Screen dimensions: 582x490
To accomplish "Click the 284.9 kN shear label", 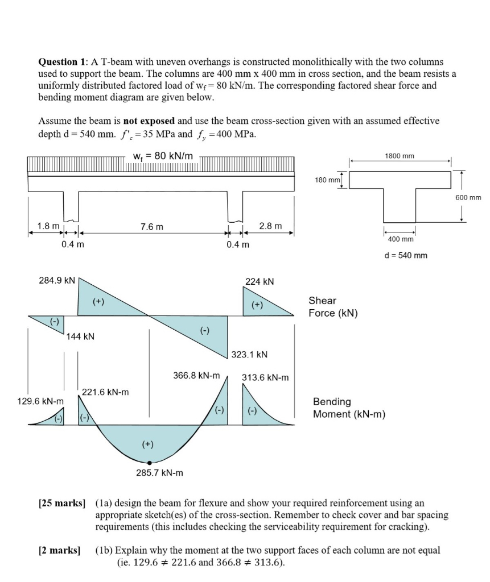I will [x=57, y=280].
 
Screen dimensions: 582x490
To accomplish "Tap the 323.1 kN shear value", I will [x=249, y=355].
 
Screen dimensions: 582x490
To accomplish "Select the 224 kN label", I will [x=260, y=281].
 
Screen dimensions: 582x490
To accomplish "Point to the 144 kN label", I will [x=81, y=336].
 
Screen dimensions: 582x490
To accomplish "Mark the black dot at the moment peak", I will [x=149, y=463].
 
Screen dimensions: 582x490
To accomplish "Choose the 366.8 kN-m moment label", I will [x=196, y=376].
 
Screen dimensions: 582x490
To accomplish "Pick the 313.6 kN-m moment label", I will [x=265, y=377].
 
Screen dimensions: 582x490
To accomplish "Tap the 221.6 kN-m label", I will [x=105, y=392].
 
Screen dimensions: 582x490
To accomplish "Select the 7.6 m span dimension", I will [x=151, y=226].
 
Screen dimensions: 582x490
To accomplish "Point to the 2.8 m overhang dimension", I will [x=270, y=226].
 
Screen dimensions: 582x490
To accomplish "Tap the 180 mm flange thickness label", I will [x=327, y=180].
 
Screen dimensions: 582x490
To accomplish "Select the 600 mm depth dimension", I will [x=468, y=198].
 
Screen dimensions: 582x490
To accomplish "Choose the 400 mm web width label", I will [x=400, y=240].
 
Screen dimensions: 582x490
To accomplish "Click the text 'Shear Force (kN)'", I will [x=333, y=307].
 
